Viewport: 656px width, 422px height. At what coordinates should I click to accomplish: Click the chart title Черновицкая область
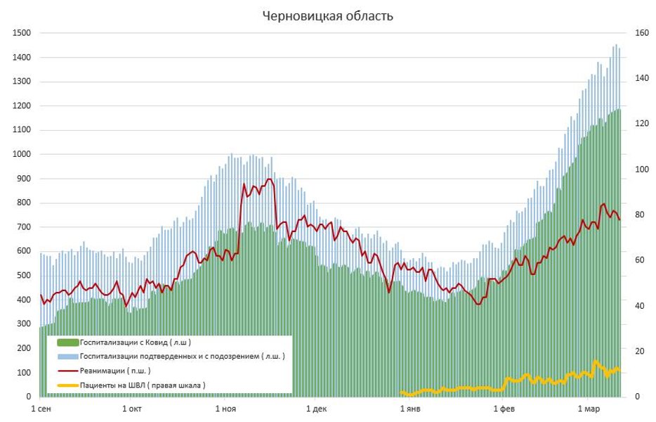pos(328,16)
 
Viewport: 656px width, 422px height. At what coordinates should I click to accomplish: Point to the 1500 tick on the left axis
pos(22,33)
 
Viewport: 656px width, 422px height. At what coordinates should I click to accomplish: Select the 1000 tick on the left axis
pos(22,155)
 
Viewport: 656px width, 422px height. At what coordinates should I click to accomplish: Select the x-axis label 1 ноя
pos(225,408)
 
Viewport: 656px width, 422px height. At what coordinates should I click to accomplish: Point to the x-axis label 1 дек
pos(317,408)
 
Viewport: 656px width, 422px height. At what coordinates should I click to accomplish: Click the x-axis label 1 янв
pos(410,408)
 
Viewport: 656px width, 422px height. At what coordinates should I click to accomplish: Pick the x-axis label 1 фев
pos(504,408)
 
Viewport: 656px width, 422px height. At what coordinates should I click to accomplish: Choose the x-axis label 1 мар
pos(589,408)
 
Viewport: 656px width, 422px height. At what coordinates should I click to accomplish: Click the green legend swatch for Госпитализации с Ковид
pos(67,343)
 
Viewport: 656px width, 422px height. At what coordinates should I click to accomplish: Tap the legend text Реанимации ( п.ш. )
pos(115,371)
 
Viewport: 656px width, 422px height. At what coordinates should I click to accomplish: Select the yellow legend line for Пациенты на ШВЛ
pos(67,385)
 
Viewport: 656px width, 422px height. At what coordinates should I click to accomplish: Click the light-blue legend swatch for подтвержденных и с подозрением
pos(67,357)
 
